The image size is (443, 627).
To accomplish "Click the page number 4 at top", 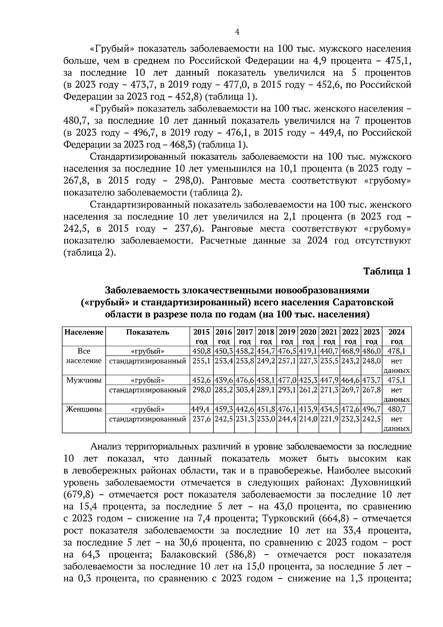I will click(237, 32).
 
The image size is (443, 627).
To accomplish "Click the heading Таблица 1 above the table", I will click(387, 272).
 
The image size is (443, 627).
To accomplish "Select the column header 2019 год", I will click(287, 336).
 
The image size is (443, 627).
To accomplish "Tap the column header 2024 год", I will click(396, 336).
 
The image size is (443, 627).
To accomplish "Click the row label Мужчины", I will click(84, 380).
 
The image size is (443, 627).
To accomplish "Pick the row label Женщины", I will click(84, 409).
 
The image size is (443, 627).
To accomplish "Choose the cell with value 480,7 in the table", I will click(396, 409).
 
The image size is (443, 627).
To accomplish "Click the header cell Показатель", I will click(148, 332).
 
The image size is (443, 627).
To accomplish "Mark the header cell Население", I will click(84, 332).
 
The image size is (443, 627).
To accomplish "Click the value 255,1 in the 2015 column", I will click(202, 361).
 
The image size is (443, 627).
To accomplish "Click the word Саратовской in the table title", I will click(363, 302).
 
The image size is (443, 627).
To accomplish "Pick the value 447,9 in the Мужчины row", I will click(329, 380).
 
